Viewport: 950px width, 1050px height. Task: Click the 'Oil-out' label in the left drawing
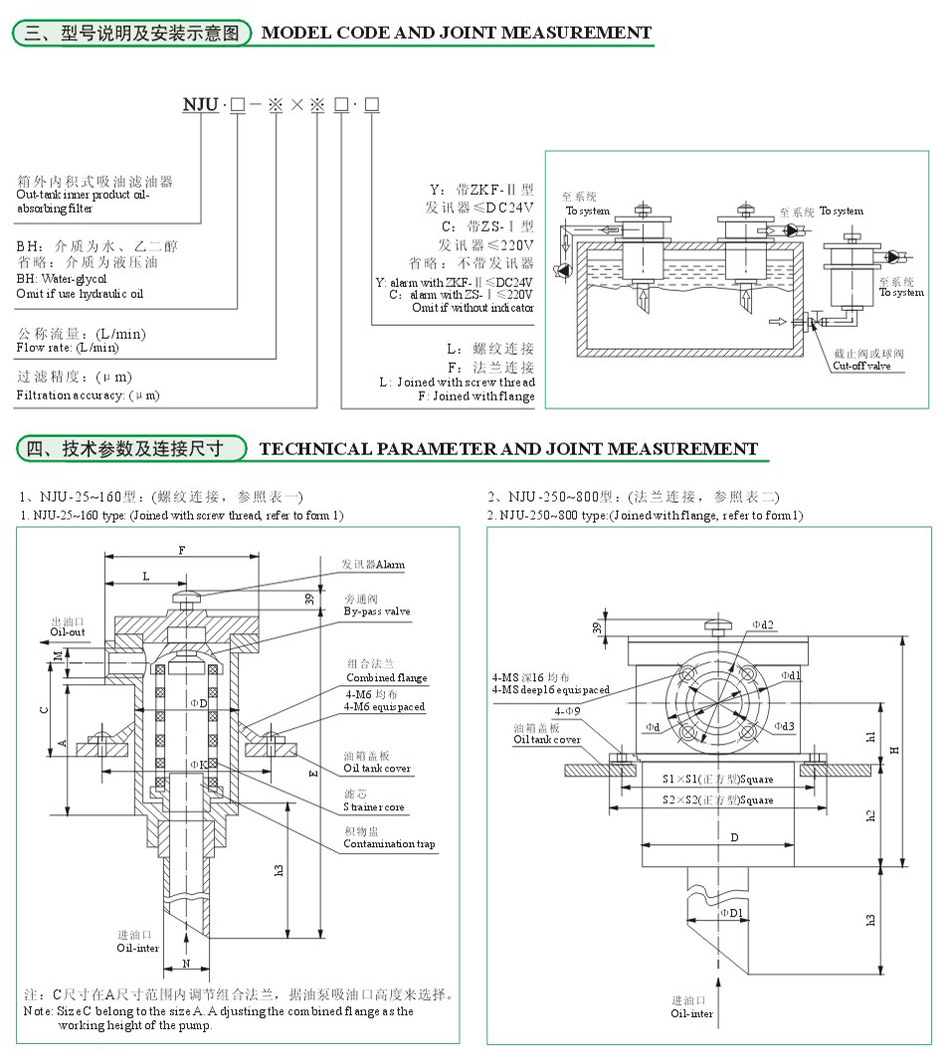point(68,631)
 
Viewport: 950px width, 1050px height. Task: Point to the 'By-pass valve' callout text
point(376,610)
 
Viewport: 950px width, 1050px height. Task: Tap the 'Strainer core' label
point(375,806)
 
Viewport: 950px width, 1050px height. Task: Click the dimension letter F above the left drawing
point(181,550)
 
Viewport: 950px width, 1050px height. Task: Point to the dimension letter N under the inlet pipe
point(187,963)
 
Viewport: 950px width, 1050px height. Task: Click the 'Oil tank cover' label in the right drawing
point(546,740)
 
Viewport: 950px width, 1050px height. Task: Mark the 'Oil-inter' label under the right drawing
point(692,1012)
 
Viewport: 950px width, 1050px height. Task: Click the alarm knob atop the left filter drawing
point(188,596)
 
